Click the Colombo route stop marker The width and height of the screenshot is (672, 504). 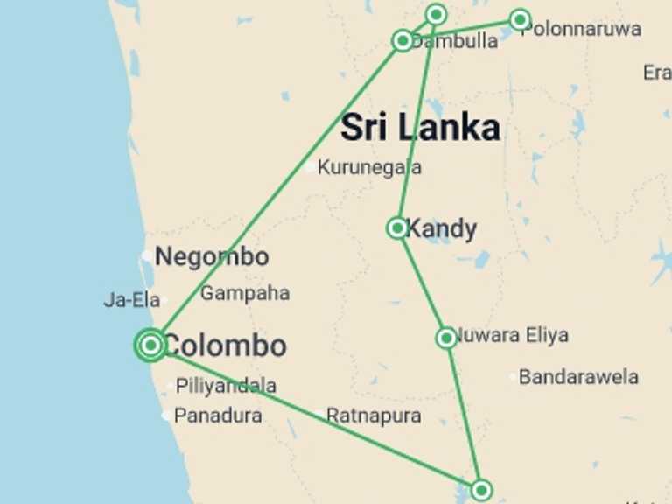(x=150, y=345)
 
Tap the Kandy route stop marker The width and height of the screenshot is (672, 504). (x=397, y=228)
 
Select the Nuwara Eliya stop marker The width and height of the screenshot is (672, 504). (x=446, y=338)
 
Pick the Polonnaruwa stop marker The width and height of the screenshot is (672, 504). (x=520, y=19)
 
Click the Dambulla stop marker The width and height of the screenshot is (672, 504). (x=402, y=40)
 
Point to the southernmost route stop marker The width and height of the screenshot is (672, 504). (x=480, y=489)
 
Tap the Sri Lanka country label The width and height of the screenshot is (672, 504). (x=420, y=128)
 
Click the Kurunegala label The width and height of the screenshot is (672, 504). (x=369, y=167)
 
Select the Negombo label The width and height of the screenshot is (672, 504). (x=212, y=257)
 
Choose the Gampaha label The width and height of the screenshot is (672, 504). (x=245, y=293)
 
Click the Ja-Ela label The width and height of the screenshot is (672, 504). (x=131, y=300)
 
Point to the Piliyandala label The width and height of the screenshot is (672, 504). (x=226, y=385)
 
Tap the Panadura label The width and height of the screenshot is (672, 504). (x=217, y=416)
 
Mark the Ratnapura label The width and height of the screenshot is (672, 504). (x=374, y=416)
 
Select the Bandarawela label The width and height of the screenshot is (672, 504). (x=578, y=377)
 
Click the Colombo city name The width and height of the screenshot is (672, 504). (x=225, y=346)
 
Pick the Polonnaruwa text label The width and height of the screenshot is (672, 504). (x=581, y=29)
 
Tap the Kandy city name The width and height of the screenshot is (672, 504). (x=442, y=229)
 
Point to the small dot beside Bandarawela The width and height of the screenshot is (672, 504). (x=513, y=377)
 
